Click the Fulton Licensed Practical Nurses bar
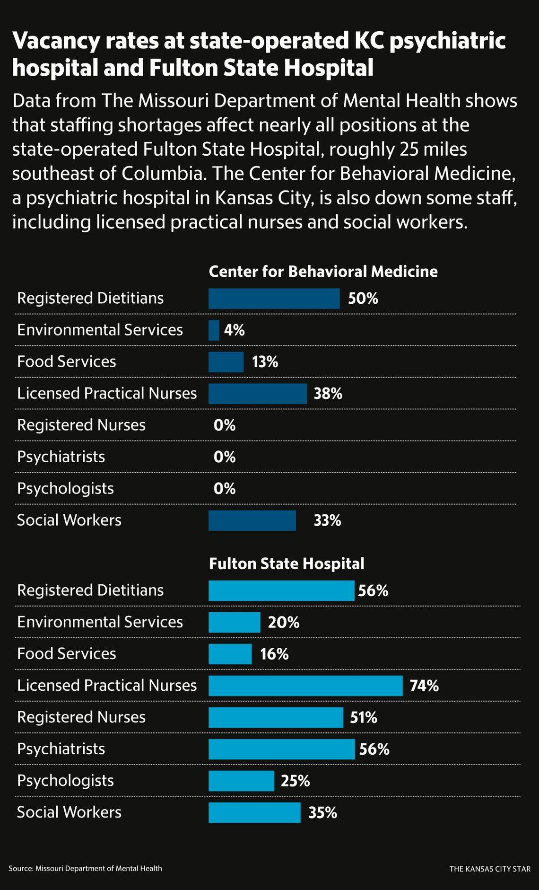pyautogui.click(x=305, y=686)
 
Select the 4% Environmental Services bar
pyautogui.click(x=214, y=330)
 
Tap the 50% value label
pyautogui.click(x=363, y=299)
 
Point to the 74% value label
pyautogui.click(x=424, y=686)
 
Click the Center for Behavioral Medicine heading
pyautogui.click(x=323, y=272)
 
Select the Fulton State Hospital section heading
pyautogui.click(x=287, y=564)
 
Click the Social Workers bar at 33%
pyautogui.click(x=252, y=520)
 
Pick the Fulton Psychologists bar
pyautogui.click(x=241, y=781)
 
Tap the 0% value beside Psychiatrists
pyautogui.click(x=224, y=457)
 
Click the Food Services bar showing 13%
pyautogui.click(x=226, y=362)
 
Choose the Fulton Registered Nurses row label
pyautogui.click(x=81, y=717)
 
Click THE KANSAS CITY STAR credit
pyautogui.click(x=490, y=869)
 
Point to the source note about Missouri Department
pyautogui.click(x=85, y=868)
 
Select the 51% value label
pyautogui.click(x=363, y=718)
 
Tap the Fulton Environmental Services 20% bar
pyautogui.click(x=234, y=622)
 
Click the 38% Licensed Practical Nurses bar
pyautogui.click(x=258, y=394)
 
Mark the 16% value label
pyautogui.click(x=274, y=654)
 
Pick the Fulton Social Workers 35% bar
pyautogui.click(x=254, y=812)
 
